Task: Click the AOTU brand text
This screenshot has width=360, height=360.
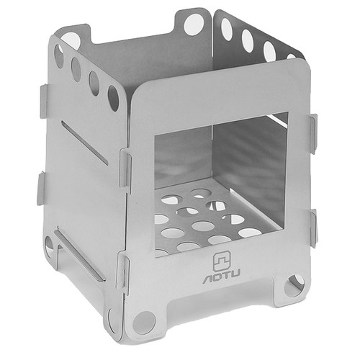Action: [x=222, y=278]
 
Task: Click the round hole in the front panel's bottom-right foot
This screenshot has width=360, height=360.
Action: [x=294, y=285]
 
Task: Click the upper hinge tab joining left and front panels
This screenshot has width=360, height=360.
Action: [x=125, y=169]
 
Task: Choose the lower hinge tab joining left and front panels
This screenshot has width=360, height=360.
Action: [x=122, y=273]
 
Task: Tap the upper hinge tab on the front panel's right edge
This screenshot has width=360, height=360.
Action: [x=312, y=134]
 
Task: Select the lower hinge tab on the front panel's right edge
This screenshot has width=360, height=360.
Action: [x=314, y=229]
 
